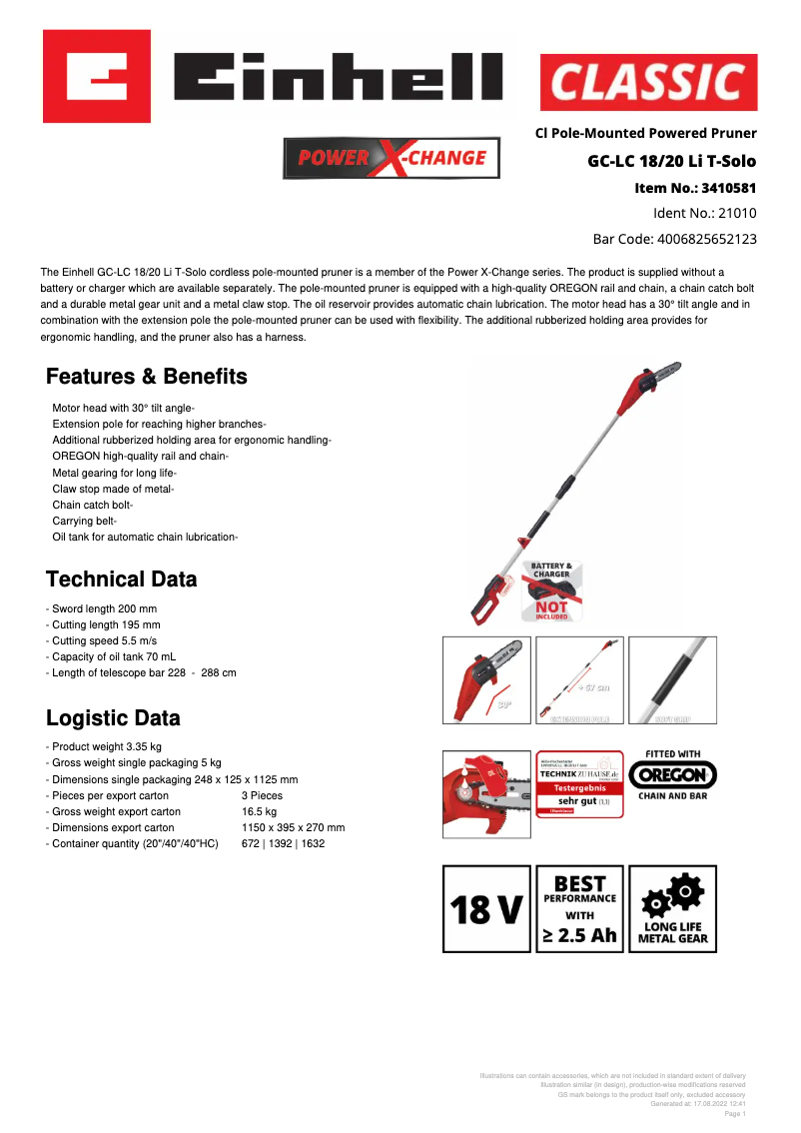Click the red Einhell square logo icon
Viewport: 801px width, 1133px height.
click(x=97, y=76)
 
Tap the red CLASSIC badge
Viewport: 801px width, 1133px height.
click(x=648, y=82)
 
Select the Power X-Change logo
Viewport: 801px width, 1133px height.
click(x=392, y=158)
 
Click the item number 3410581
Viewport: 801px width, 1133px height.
click(x=695, y=187)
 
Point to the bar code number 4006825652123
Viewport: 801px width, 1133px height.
click(x=674, y=239)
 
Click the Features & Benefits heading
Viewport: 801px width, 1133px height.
click(x=147, y=377)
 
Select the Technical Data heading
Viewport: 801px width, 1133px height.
click(x=122, y=579)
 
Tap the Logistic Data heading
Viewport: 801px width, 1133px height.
click(x=114, y=718)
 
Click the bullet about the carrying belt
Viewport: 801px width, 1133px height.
click(x=85, y=521)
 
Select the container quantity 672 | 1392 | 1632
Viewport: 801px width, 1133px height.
click(x=283, y=844)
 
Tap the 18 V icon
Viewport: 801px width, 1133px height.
click(x=486, y=909)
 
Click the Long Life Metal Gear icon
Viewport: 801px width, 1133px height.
click(x=673, y=909)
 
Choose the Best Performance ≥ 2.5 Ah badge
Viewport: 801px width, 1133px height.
click(x=579, y=909)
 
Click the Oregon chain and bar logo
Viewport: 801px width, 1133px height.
click(x=673, y=774)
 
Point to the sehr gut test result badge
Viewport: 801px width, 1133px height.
click(x=579, y=784)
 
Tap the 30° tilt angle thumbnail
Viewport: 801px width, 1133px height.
click(x=486, y=680)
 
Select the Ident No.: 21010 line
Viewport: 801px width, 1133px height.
click(x=704, y=213)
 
